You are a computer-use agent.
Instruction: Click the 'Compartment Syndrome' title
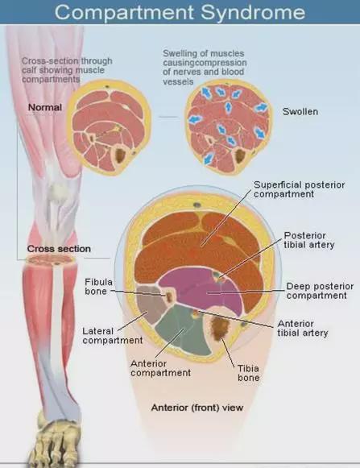pyautogui.click(x=180, y=12)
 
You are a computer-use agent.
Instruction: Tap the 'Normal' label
pyautogui.click(x=45, y=107)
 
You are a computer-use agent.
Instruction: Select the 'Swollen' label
pyautogui.click(x=300, y=112)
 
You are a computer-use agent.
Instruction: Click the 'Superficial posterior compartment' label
pyautogui.click(x=299, y=189)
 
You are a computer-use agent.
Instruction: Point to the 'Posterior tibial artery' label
pyautogui.click(x=308, y=240)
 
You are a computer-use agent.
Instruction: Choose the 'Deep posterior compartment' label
pyautogui.click(x=320, y=291)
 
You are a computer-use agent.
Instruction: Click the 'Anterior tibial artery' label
pyautogui.click(x=303, y=329)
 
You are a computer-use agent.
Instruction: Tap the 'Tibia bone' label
pyautogui.click(x=248, y=373)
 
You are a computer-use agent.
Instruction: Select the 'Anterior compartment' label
pyautogui.click(x=160, y=368)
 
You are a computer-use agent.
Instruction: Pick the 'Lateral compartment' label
pyautogui.click(x=113, y=336)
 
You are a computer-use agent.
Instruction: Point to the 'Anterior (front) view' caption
pyautogui.click(x=197, y=408)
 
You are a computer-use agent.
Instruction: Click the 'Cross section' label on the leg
pyautogui.click(x=59, y=249)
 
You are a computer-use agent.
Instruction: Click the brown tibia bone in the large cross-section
pyautogui.click(x=221, y=329)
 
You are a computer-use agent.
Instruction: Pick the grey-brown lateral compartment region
pyautogui.click(x=151, y=304)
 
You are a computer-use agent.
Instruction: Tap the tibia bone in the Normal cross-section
pyautogui.click(x=121, y=155)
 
